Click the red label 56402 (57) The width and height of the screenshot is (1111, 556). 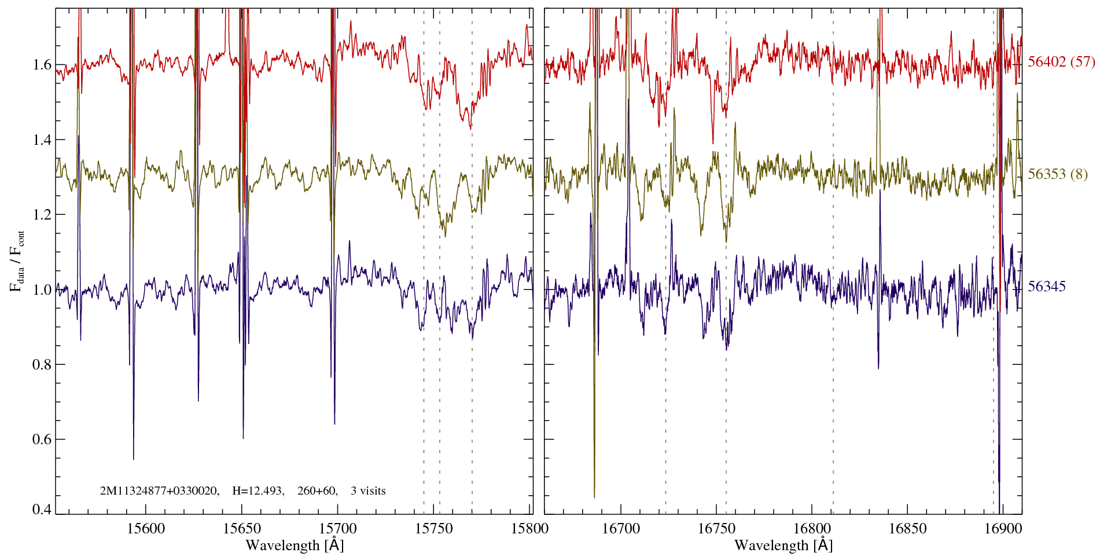[1061, 62]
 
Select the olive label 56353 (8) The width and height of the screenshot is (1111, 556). [1057, 174]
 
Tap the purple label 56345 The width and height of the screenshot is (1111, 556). [1046, 287]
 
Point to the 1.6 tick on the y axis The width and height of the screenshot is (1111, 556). [42, 65]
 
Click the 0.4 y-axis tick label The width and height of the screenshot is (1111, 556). [42, 510]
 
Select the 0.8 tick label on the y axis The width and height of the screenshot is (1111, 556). [42, 365]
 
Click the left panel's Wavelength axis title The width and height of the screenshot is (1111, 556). [295, 545]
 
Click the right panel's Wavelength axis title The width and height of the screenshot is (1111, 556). [783, 545]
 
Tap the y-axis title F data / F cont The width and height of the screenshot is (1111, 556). [17, 261]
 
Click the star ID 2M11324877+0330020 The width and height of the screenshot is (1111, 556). [159, 491]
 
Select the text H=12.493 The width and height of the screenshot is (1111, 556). [257, 491]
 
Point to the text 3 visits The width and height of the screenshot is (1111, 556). [368, 491]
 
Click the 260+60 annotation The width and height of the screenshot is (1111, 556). [317, 491]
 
